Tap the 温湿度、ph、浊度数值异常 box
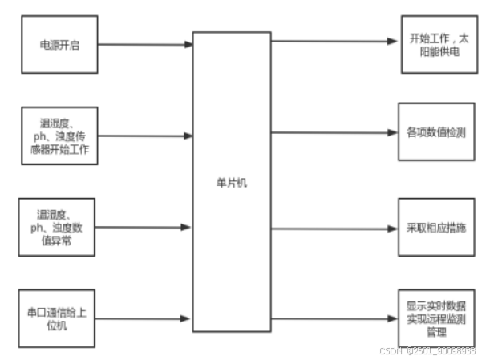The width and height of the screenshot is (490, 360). coord(57,227)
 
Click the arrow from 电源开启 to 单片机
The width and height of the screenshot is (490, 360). coord(144,45)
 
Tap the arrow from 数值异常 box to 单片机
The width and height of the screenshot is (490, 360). coord(144,227)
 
